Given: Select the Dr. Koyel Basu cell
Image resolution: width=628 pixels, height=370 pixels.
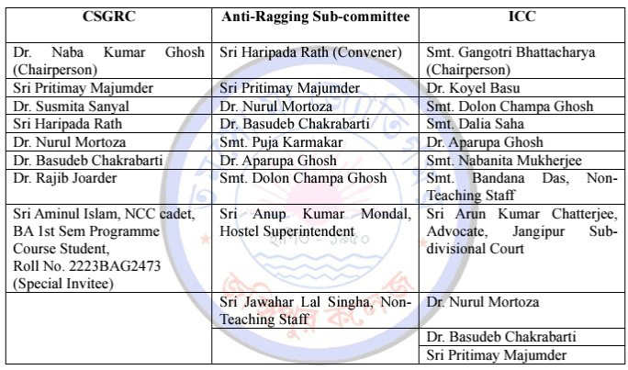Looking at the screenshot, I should pos(474,88).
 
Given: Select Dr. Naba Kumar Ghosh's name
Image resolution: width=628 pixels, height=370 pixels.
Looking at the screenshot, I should pos(108,52).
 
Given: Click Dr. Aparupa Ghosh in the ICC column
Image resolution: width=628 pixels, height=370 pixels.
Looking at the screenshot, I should pos(485,142).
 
